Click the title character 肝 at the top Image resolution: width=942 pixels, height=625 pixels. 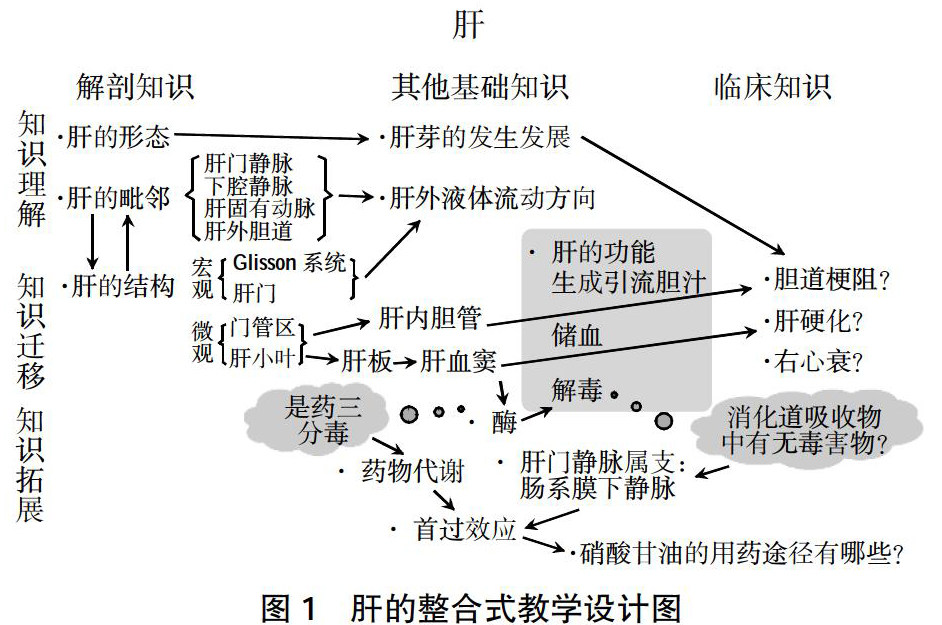pyautogui.click(x=470, y=26)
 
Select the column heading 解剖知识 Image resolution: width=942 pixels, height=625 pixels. pyautogui.click(x=135, y=87)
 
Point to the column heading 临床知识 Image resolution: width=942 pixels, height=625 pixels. pyautogui.click(x=772, y=87)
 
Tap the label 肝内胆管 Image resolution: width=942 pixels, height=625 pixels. pyautogui.click(x=431, y=319)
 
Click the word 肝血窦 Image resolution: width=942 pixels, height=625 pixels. pyautogui.click(x=459, y=358)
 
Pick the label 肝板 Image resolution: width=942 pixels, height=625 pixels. pyautogui.click(x=367, y=358)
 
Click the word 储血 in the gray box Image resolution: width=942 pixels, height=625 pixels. pyautogui.click(x=576, y=336)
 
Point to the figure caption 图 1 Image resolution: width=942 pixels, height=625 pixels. pyautogui.click(x=289, y=604)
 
